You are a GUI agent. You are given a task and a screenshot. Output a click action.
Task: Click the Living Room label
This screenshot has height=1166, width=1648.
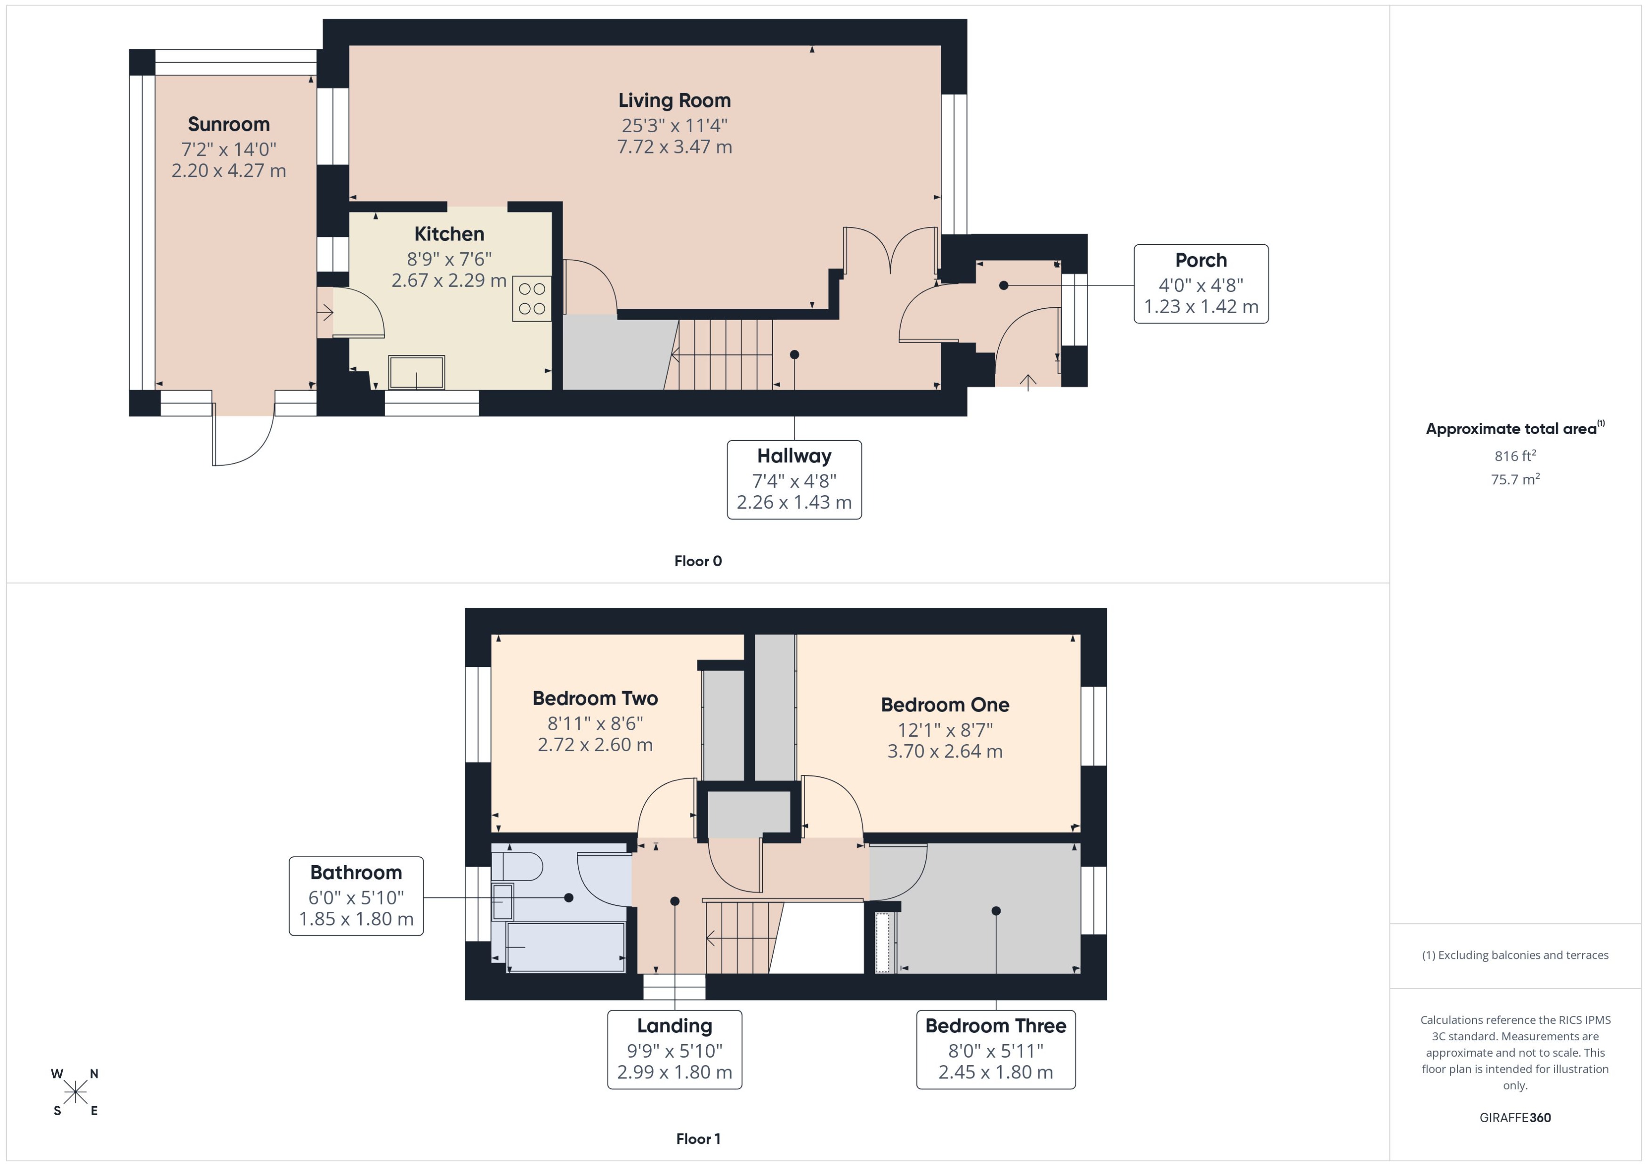(x=674, y=101)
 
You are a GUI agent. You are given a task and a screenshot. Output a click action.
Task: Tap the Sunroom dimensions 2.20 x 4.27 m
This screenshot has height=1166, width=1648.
(x=228, y=171)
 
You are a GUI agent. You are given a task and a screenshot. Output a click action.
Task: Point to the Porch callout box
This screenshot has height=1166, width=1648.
(x=1201, y=283)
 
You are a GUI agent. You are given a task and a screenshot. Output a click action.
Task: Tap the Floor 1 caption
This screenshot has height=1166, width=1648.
(x=698, y=1139)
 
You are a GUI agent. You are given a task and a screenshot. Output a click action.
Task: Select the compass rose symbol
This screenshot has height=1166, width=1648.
(x=75, y=1092)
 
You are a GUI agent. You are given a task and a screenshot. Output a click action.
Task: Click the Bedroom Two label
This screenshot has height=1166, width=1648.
(x=595, y=699)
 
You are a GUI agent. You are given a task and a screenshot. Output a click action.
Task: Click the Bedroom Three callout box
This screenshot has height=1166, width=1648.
(x=995, y=1049)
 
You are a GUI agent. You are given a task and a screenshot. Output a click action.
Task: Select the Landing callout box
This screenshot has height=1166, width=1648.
(x=674, y=1049)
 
